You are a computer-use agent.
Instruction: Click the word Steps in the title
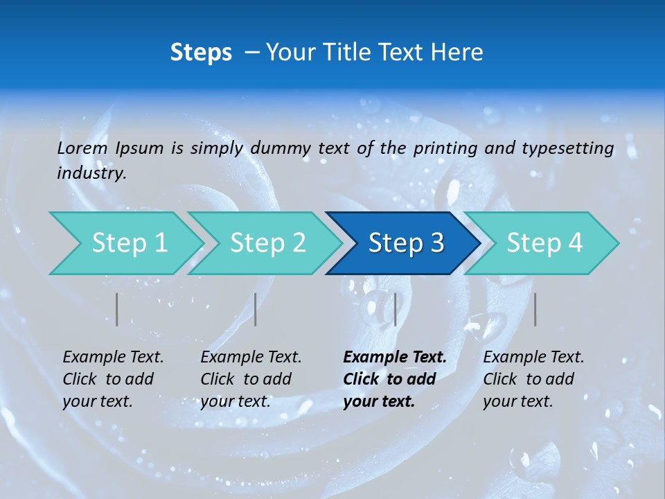(201, 53)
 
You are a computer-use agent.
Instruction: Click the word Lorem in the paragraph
(82, 148)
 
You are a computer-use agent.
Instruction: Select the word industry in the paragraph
(91, 173)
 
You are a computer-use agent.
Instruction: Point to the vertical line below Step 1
(117, 309)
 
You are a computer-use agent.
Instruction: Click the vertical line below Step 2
(256, 309)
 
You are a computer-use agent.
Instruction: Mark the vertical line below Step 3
(395, 309)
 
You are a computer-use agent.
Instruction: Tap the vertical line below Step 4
(535, 309)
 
